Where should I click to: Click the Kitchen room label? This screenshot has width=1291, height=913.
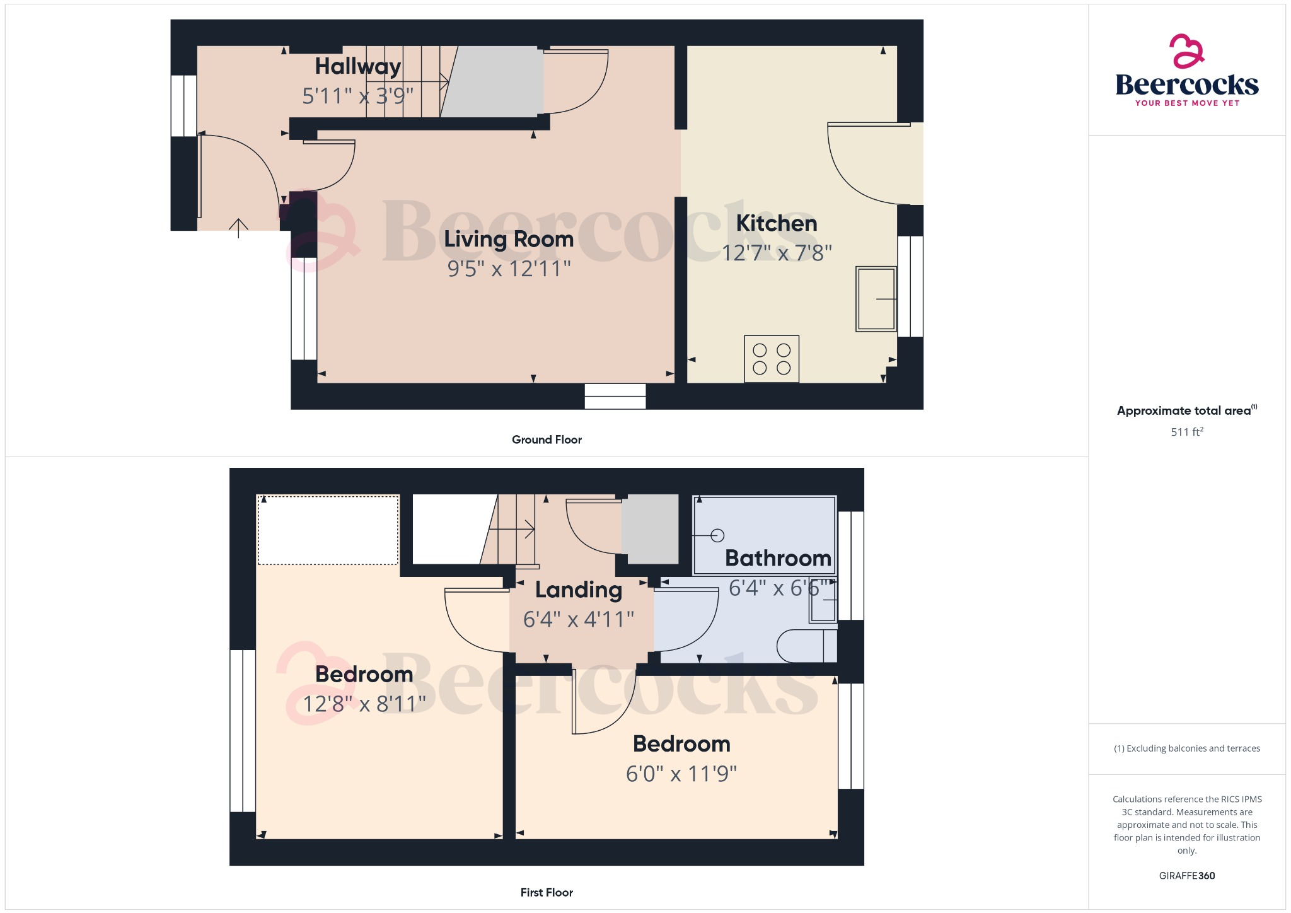point(776,223)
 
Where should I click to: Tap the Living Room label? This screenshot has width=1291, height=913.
point(509,239)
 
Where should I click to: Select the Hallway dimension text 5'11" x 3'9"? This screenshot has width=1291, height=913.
point(357,96)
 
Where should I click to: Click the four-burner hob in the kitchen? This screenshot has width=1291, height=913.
point(772,359)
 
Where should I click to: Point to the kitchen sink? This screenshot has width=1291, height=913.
point(876,299)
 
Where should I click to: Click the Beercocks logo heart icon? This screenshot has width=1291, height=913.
point(1186,51)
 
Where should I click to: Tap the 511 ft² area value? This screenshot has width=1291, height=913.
point(1187,432)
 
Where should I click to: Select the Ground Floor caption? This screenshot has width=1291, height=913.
point(547,439)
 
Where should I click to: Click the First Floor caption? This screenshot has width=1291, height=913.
point(547,892)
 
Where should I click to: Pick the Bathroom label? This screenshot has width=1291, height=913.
point(778,558)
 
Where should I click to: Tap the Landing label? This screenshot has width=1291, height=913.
point(579,590)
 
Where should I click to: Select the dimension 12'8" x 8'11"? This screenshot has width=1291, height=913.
point(364,704)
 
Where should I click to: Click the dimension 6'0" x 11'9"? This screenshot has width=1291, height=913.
point(681,774)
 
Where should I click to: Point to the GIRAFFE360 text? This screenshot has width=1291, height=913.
point(1187,876)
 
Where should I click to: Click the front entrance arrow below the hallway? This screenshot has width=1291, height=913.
point(238,227)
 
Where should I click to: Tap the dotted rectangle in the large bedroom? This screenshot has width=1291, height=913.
point(328,530)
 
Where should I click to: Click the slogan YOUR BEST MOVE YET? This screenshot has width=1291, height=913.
point(1187,103)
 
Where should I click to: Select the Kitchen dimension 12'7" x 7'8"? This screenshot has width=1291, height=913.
point(776,253)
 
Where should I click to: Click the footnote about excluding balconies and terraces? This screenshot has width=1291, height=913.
point(1187,748)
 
